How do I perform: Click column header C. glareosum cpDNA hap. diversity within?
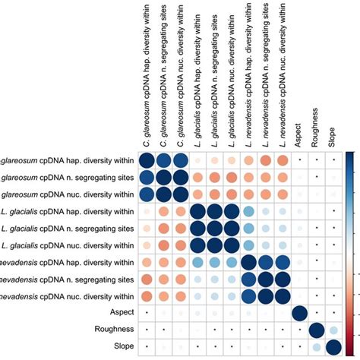(146, 76)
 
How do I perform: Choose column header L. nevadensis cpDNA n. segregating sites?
(266, 76)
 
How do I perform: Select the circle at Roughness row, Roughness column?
(317, 330)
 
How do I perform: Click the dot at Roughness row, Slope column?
(334, 330)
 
